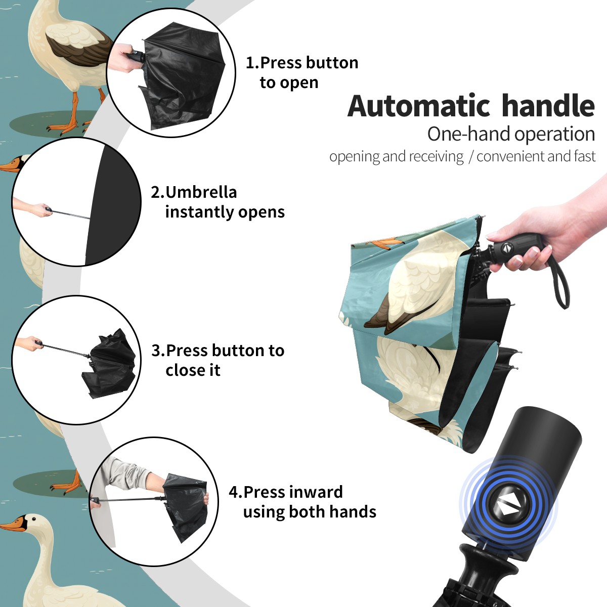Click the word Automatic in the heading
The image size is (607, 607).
pos(419,106)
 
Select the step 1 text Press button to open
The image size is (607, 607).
pos(302,73)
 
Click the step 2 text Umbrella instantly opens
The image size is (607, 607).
pos(218,202)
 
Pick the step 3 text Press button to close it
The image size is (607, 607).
pos(218,360)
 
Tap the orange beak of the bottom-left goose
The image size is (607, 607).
pos(13,526)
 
